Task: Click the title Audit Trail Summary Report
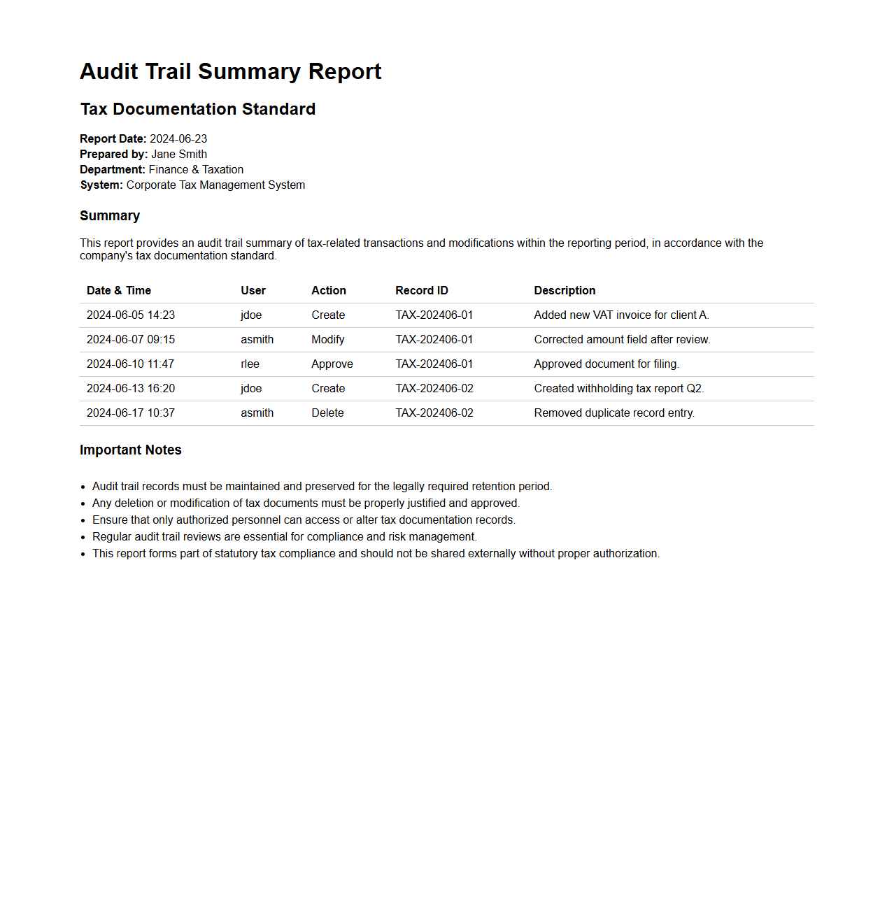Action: click(230, 71)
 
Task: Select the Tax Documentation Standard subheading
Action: click(197, 109)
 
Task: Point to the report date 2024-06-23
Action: click(178, 138)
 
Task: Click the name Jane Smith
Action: click(179, 154)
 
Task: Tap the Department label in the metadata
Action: click(112, 169)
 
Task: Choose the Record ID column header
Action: click(421, 290)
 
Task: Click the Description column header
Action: click(565, 290)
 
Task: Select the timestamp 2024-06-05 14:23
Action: click(131, 315)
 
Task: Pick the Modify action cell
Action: click(327, 339)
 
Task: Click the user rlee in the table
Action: click(250, 364)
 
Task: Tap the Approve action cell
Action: click(332, 364)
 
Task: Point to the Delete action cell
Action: click(327, 413)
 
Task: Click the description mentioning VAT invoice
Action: click(621, 315)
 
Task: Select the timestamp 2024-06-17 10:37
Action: click(131, 413)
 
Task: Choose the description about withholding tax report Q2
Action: click(618, 388)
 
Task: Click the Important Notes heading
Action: click(130, 450)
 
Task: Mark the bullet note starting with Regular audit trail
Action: click(284, 536)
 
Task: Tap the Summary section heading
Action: click(110, 215)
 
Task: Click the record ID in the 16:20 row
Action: click(434, 388)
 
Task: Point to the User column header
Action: click(253, 290)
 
